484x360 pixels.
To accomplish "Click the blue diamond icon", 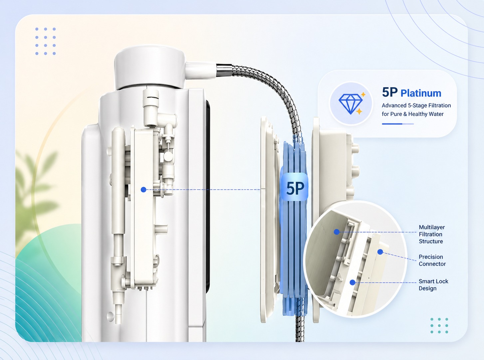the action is (351, 104).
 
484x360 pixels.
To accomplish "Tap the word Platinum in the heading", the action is (421, 93).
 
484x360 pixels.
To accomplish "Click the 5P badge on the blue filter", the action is (295, 187).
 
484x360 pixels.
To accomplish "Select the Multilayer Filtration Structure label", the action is (432, 234).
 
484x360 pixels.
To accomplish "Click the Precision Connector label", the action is (432, 260).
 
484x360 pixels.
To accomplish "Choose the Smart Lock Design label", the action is (433, 285).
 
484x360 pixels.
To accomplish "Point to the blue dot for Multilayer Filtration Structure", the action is (337, 232).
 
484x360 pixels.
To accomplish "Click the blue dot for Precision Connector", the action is (380, 252).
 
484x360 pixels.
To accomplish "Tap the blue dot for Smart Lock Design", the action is (353, 282).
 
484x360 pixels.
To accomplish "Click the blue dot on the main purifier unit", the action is (143, 190).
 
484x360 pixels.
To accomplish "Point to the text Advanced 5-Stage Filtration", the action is (416, 105).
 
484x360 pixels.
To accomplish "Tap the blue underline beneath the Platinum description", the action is (397, 124).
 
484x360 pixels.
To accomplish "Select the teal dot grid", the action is (439, 325).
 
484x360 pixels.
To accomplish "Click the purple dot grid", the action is (45, 41).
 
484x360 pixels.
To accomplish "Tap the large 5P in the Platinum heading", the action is (390, 92).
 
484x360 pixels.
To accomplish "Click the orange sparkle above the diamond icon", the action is (363, 94).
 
